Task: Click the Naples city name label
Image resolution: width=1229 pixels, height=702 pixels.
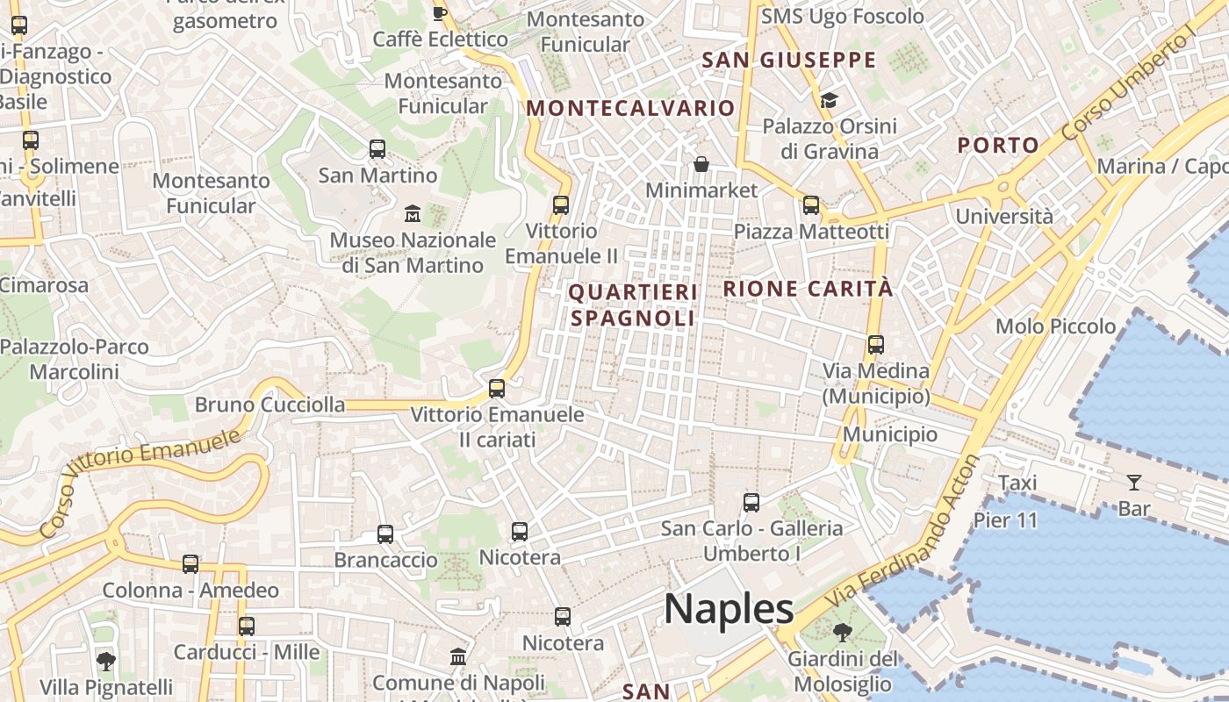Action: pos(729,609)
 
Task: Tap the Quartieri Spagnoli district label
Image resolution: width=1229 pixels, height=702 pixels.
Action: pos(633,304)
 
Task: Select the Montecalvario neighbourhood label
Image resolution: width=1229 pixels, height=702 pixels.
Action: pos(629,108)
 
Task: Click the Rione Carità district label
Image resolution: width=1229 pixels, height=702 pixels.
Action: pos(808,289)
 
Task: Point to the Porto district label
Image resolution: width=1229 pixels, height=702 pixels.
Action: pos(998,146)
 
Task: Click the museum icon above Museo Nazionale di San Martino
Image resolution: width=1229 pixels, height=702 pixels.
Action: pos(413,213)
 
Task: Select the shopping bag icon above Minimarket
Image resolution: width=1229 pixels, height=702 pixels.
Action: pos(701,164)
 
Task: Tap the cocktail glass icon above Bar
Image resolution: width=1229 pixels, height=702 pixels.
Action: pos(1134,482)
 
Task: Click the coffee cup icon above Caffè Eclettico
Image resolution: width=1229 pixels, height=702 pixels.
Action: pos(440,12)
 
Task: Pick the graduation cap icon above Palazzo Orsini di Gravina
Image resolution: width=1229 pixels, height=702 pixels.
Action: pos(829,100)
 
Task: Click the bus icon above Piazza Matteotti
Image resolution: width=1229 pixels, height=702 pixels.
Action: pos(811,205)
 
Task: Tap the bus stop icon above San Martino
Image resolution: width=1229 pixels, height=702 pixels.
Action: pos(377,149)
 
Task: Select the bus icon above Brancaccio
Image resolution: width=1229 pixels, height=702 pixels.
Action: pos(385,534)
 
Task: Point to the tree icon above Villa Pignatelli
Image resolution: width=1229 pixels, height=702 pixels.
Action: pos(106,661)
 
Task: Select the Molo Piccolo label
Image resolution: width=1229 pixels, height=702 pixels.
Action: pos(1055,326)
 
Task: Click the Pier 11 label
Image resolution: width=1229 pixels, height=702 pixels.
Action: pos(1005,520)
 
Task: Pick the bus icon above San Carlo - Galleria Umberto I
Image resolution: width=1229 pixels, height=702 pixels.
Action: pos(751,503)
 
